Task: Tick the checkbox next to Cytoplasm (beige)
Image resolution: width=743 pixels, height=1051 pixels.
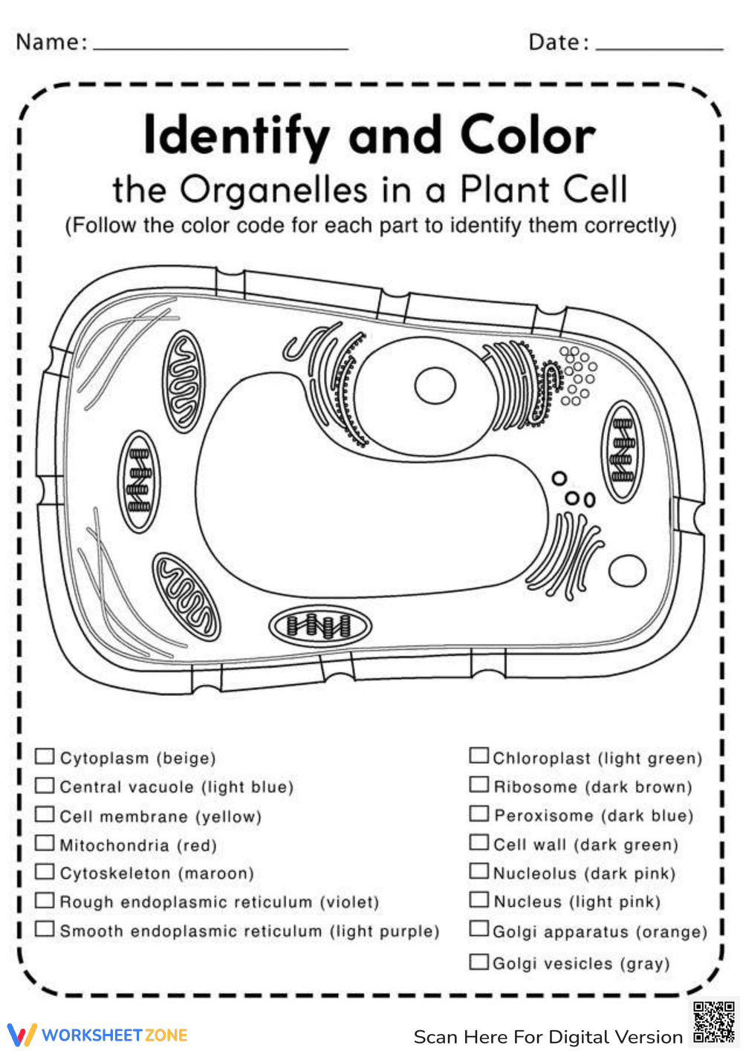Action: point(45,756)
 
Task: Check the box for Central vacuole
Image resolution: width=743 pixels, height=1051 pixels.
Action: point(45,785)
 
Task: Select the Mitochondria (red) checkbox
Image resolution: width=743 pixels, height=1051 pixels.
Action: point(45,843)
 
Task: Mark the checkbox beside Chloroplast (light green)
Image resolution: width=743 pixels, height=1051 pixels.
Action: point(478,756)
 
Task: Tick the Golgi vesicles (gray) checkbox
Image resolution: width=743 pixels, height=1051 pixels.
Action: point(478,962)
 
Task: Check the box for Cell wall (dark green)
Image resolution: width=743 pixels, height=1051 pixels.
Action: point(478,843)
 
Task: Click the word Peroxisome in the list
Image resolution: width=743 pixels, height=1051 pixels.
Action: point(543,816)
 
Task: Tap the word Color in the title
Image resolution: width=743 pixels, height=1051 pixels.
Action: point(528,136)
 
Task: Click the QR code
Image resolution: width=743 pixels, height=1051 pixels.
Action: point(713,1023)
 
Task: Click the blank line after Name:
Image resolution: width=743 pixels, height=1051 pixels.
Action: point(221,46)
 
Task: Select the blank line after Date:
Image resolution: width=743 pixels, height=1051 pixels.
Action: point(659,46)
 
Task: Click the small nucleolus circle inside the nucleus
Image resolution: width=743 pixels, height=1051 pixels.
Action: point(435,387)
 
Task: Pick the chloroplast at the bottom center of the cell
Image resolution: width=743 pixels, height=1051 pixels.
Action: point(319,626)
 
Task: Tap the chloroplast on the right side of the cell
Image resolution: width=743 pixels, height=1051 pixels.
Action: point(622,452)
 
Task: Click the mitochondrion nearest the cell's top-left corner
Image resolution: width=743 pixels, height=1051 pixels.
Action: point(183,382)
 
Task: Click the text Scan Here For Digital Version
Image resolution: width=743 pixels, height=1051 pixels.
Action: point(548,1037)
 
